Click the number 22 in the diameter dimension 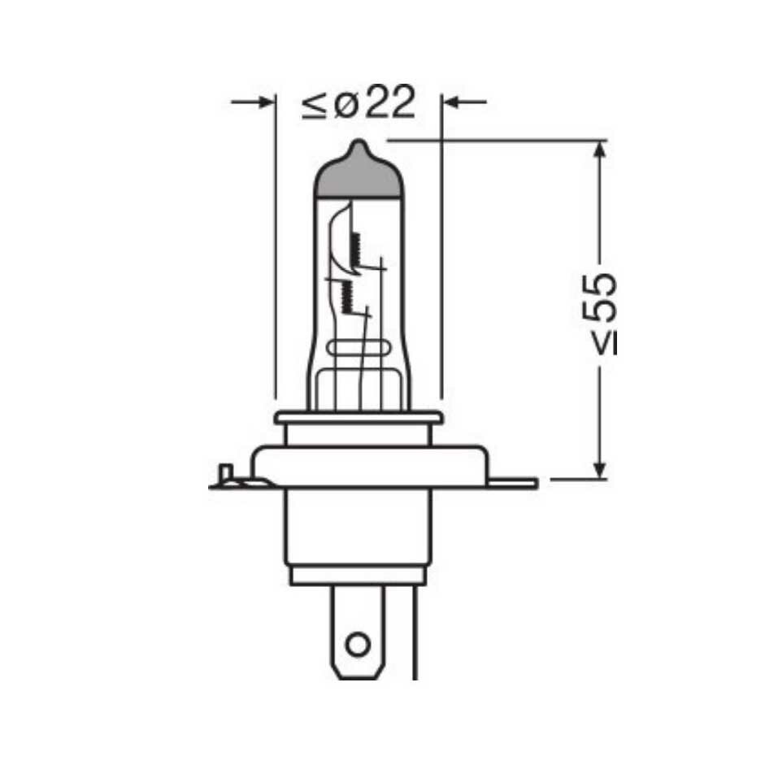click(x=389, y=103)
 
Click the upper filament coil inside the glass click(x=354, y=248)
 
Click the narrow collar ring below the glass click(x=359, y=419)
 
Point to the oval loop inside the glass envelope click(x=359, y=350)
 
